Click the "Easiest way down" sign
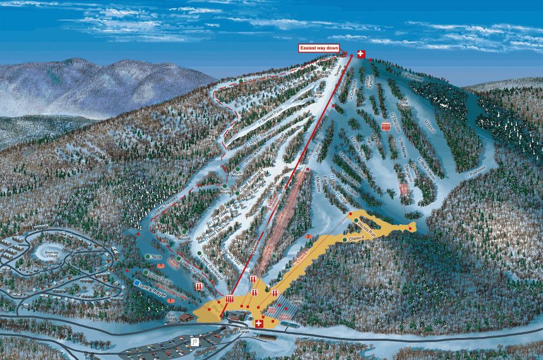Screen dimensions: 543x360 pos(319,48)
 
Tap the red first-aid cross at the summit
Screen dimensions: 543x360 pos(361,54)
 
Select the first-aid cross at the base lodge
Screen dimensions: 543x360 pos(259,324)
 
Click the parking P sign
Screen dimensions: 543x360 pos(194,341)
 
